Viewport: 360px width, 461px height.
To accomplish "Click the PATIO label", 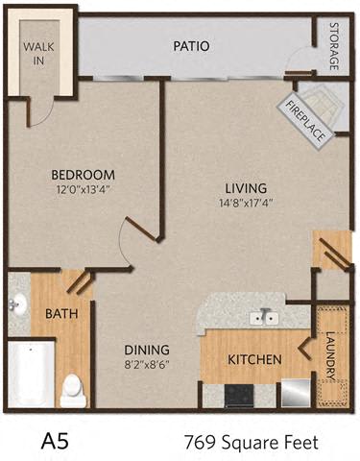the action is coord(191,46).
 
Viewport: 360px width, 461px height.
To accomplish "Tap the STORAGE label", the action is coord(334,46).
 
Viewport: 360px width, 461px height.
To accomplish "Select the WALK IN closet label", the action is coord(38,54).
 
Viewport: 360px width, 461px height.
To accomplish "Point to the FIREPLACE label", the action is coord(305,121).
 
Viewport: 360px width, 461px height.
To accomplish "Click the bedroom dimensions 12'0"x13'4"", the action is coord(84,189).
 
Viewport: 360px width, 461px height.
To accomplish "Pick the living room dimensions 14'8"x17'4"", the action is coord(246,203).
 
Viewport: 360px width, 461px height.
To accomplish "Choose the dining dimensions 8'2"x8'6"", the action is coord(147,365).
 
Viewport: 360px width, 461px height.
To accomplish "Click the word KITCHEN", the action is coord(254,359).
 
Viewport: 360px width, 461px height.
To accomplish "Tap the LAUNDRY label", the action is coord(331,355).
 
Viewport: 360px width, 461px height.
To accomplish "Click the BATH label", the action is coord(61,313).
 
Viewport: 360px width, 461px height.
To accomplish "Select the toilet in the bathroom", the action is coord(73,390).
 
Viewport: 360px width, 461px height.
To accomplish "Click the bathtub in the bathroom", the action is coord(31,374).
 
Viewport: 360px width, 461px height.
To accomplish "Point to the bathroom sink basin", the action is coord(17,303).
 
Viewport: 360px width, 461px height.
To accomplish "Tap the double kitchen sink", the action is coord(264,319).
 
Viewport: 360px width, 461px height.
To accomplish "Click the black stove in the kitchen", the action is coord(239,396).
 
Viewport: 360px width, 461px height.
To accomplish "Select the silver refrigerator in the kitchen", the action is coord(296,394).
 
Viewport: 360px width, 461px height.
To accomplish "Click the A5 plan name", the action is coord(55,442).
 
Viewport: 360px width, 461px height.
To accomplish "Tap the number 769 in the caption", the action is coord(200,443).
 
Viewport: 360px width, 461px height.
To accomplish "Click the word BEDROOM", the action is coord(84,175).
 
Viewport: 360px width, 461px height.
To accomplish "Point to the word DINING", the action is coord(147,350).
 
